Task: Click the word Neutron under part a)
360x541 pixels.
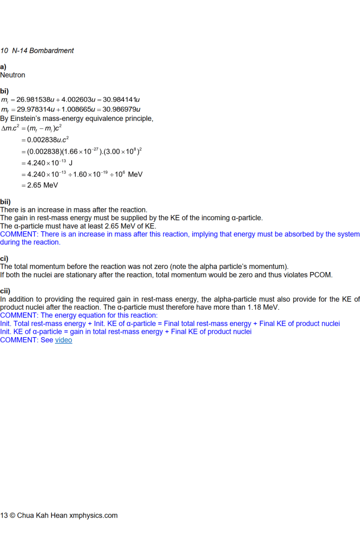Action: click(x=13, y=75)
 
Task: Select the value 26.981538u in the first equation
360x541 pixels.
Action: click(x=35, y=99)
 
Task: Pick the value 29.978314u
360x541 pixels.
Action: click(x=36, y=109)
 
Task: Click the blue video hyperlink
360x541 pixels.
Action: click(x=63, y=340)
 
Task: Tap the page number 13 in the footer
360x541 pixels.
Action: click(x=4, y=515)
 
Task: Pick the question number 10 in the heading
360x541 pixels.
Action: click(x=4, y=51)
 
